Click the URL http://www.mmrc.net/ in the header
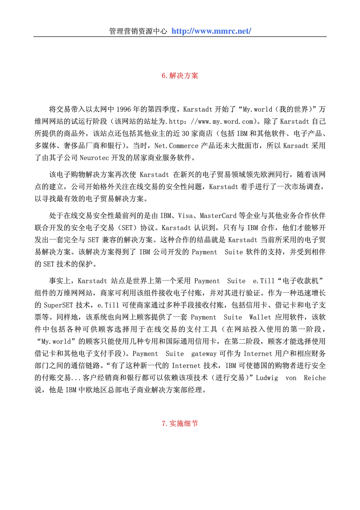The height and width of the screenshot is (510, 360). coord(211,31)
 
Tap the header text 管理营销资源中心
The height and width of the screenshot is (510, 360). coord(138,31)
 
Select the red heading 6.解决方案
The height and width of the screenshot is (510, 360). coord(180,75)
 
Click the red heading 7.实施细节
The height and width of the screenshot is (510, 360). coord(180,424)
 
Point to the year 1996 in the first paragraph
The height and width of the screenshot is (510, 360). coord(124,110)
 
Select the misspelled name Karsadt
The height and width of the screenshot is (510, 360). coord(296,146)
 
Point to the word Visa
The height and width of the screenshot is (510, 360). coord(185,216)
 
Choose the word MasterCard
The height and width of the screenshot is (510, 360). coord(218,216)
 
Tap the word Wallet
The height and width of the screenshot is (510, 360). coord(260,317)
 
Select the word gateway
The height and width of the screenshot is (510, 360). coord(203,354)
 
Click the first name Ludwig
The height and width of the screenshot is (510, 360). coord(267,378)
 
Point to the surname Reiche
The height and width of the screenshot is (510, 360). coord(315,378)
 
